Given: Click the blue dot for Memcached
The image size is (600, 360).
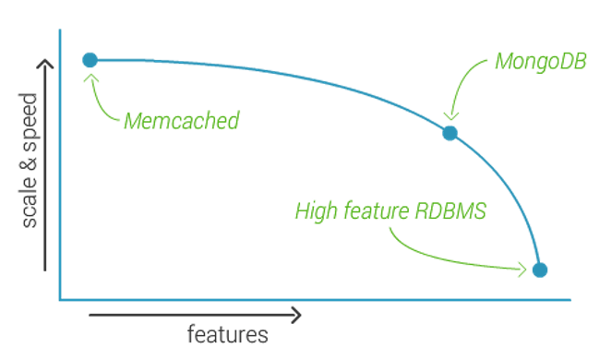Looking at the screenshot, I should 90,60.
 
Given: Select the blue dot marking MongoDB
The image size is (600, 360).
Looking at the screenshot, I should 450,133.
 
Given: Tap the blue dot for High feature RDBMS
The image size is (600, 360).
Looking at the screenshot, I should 541,270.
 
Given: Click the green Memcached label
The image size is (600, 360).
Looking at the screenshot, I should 181,121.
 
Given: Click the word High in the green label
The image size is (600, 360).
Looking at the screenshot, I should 314,211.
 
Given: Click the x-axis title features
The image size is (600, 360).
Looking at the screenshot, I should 227,333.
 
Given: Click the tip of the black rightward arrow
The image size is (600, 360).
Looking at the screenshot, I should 301,316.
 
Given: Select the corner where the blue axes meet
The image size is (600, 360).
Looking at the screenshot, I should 59,300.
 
